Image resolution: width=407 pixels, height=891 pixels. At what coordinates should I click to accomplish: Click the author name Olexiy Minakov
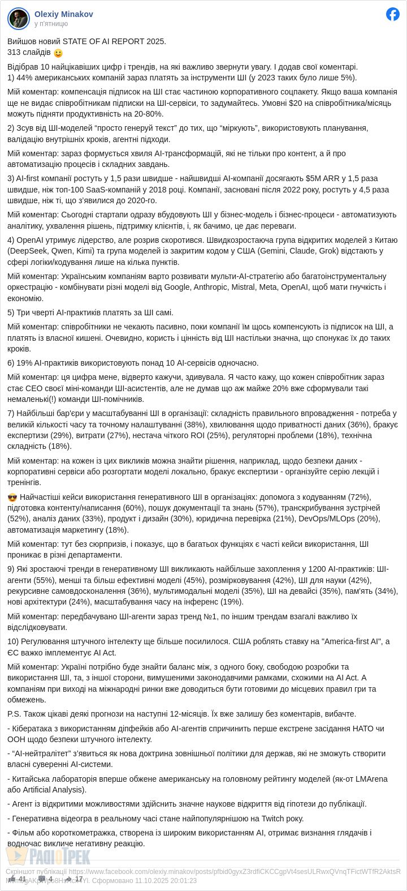pos(63,14)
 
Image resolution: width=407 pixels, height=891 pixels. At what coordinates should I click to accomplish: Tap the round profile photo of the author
pos(19,19)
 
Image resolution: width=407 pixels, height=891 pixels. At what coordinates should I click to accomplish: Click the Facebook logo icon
pos(393,14)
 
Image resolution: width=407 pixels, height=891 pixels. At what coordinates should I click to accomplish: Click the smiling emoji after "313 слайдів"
pos(58,53)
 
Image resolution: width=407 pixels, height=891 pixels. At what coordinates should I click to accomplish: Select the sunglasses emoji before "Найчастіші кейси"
pos(12,497)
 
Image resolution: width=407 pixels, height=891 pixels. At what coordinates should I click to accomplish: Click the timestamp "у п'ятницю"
pos(51,24)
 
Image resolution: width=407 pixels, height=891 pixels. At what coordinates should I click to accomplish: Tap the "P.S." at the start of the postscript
pos(15,714)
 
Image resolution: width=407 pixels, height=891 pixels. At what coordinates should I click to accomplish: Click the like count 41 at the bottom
pos(22,879)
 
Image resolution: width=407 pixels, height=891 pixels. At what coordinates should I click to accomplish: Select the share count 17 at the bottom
pos(79,879)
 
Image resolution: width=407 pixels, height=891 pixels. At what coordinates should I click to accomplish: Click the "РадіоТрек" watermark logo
pos(48,856)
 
